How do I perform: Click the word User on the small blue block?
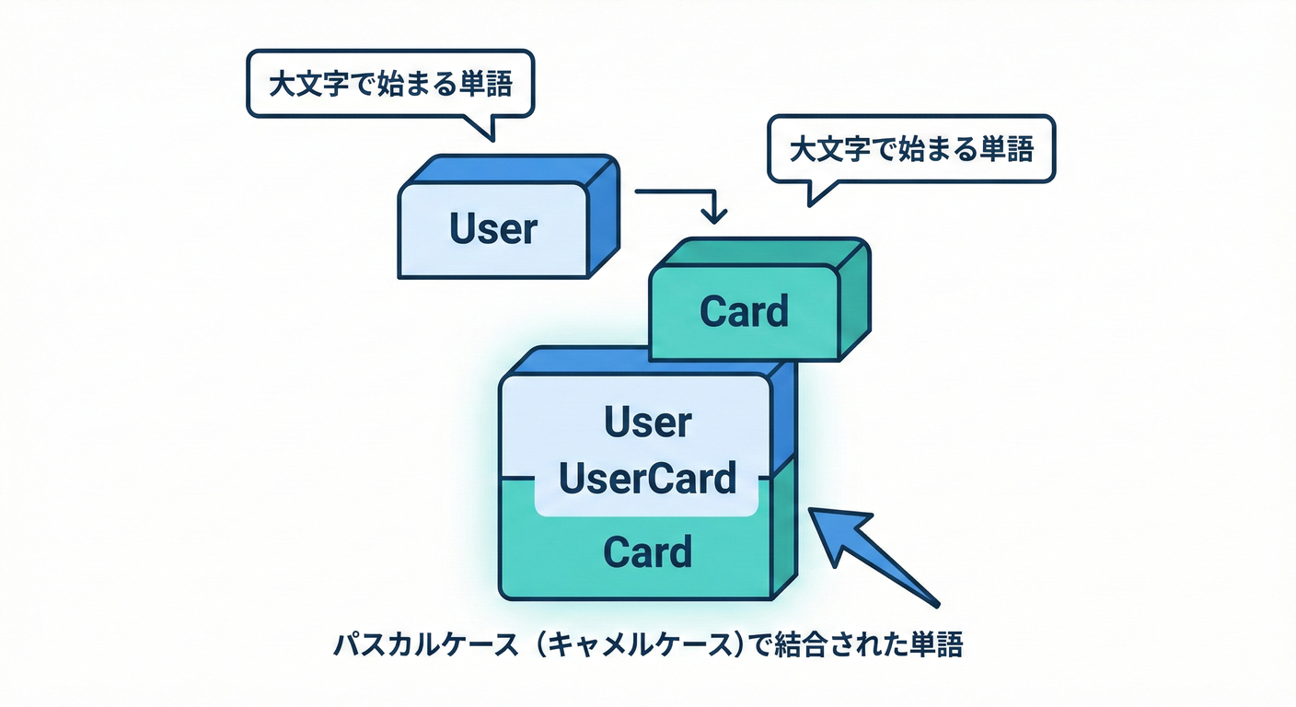pos(492,229)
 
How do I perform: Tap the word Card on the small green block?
pos(744,311)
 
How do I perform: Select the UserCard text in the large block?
pos(648,479)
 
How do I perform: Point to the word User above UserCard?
pos(648,423)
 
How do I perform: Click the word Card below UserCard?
pos(648,553)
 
